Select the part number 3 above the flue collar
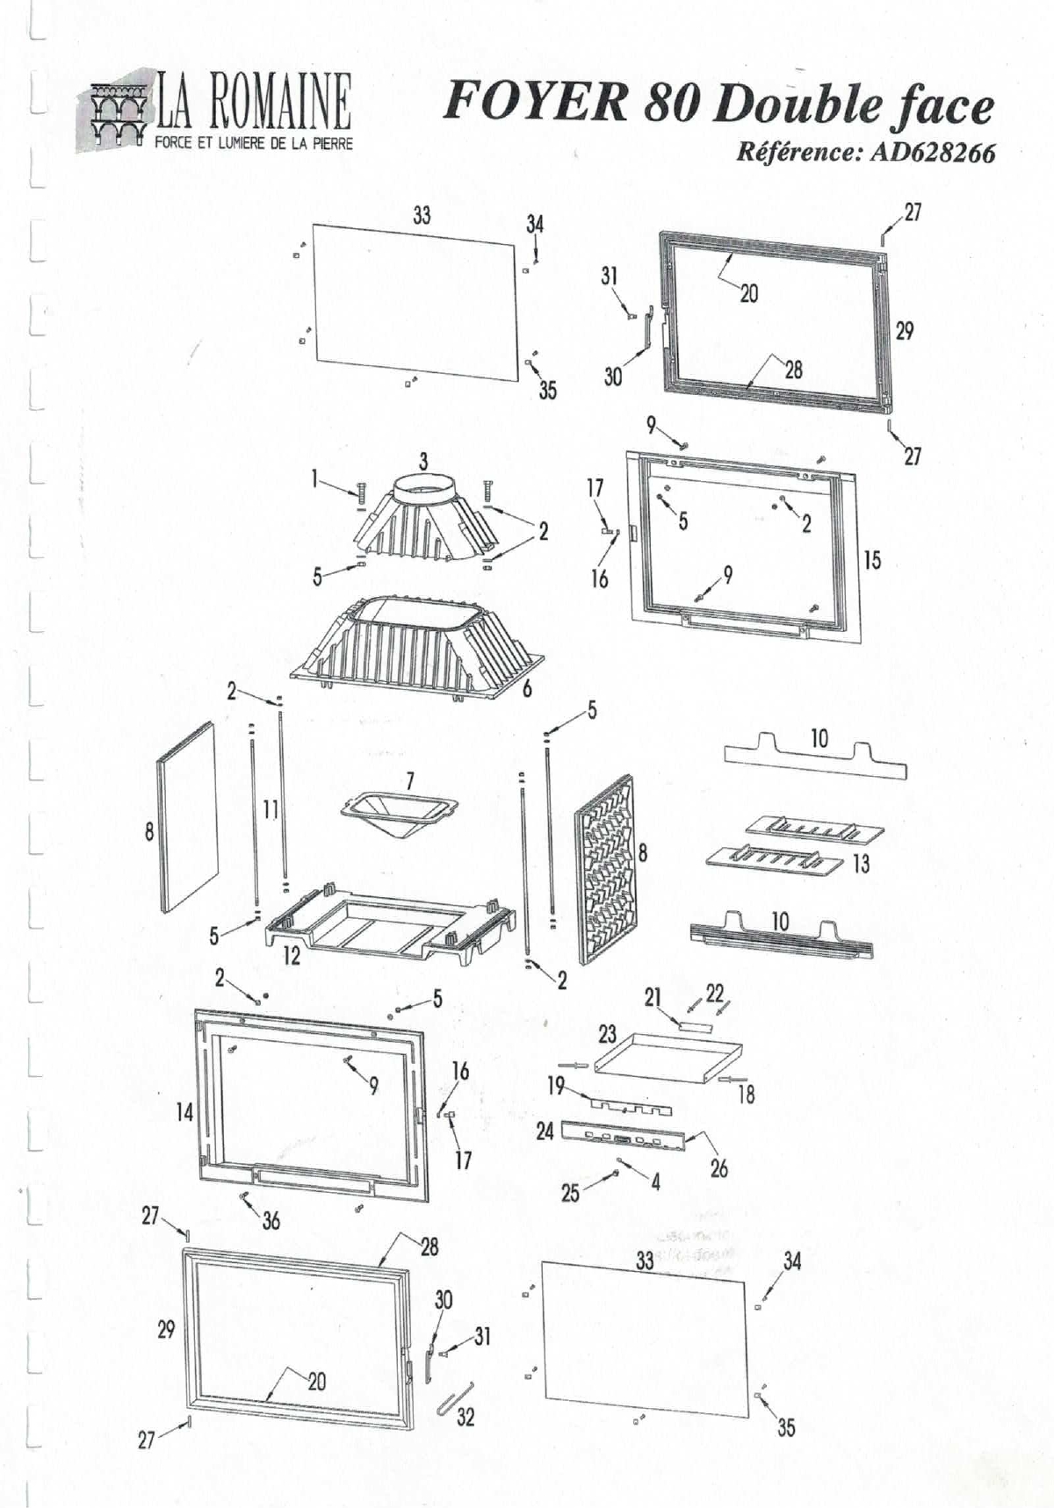[x=423, y=461]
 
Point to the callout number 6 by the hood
[x=527, y=689]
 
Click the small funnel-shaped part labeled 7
[x=400, y=812]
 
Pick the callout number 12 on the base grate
[x=292, y=956]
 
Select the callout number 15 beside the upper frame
[x=871, y=560]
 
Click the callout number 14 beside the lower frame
[x=184, y=1113]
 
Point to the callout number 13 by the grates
[x=862, y=864]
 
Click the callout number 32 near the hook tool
[x=466, y=1417]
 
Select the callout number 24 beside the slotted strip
[x=545, y=1131]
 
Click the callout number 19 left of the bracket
[x=555, y=1086]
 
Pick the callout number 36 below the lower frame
[x=271, y=1220]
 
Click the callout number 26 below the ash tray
[x=718, y=1168]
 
